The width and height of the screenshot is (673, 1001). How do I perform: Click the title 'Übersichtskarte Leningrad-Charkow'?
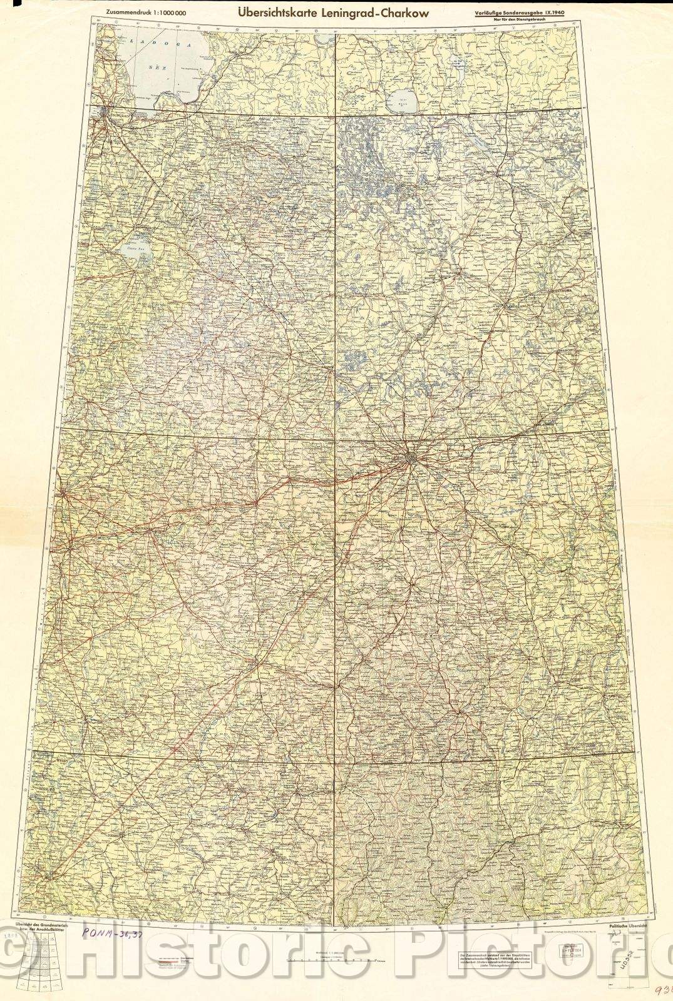coord(332,13)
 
